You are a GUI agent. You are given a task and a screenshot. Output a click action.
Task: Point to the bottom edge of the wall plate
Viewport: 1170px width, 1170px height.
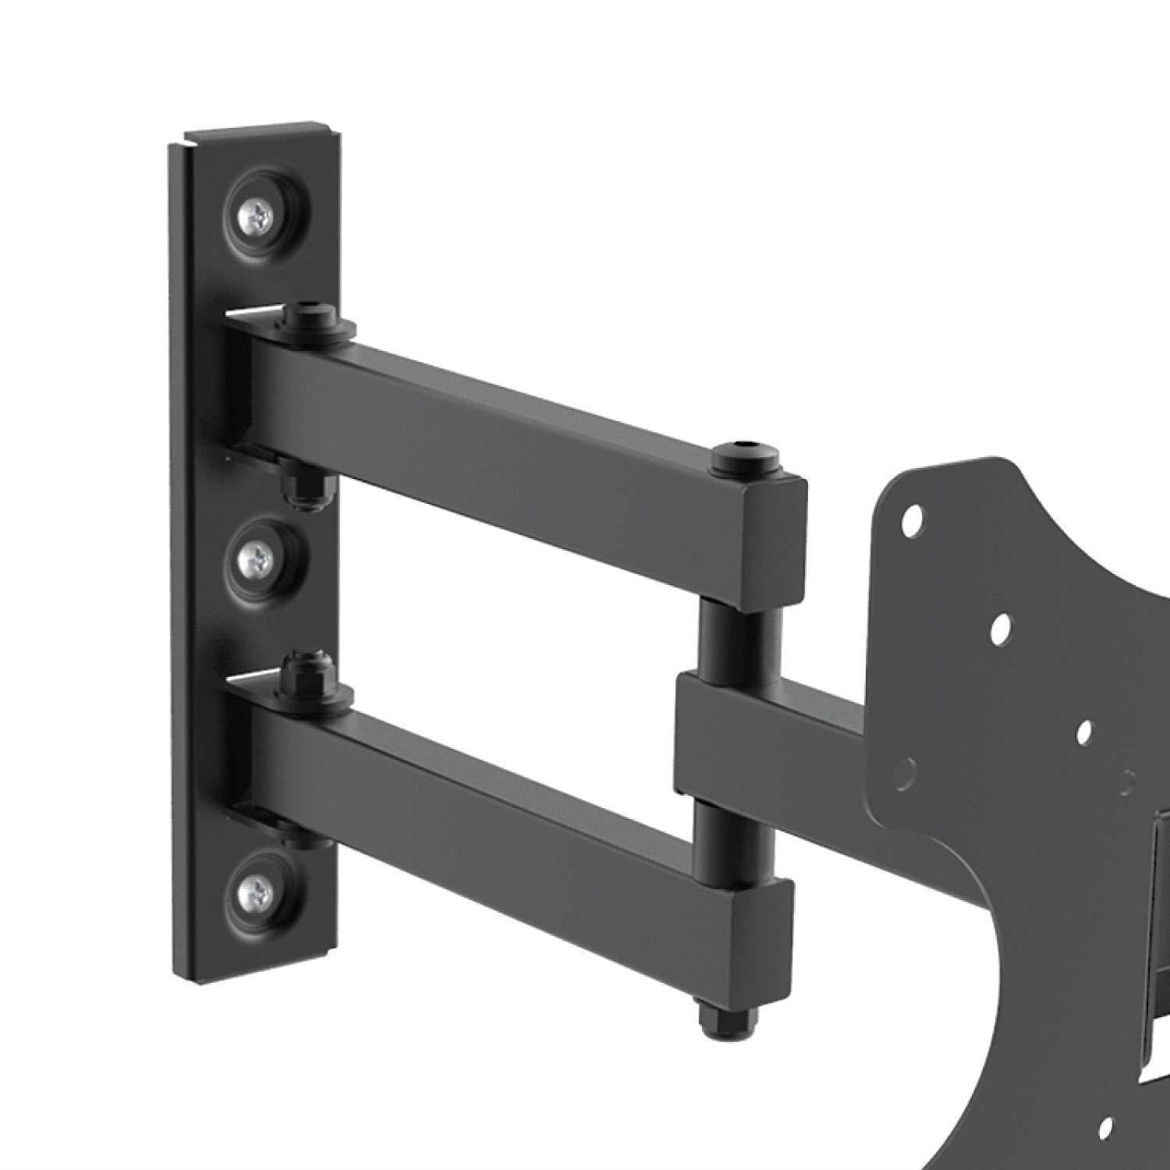coord(257,979)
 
